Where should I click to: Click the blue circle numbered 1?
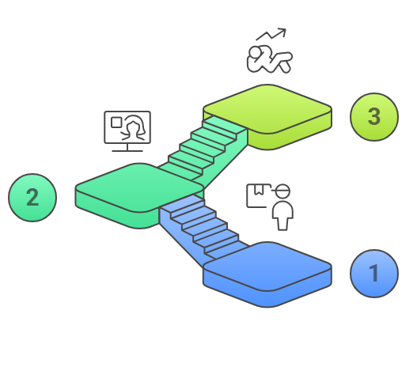(374, 274)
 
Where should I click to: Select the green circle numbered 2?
(32, 198)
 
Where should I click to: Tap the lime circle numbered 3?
(374, 117)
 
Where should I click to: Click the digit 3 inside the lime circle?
(374, 117)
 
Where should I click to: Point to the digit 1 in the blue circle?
(374, 274)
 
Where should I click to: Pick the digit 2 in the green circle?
(32, 197)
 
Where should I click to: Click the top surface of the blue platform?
(267, 266)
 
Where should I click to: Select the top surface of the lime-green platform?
(267, 109)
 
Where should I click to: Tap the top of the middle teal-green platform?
(139, 187)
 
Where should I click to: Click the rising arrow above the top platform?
(271, 35)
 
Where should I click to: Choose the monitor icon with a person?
(127, 131)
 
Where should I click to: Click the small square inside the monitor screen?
(116, 123)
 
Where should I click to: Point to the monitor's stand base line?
(127, 151)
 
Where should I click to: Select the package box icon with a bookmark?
(256, 195)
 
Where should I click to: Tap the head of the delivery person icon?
(282, 191)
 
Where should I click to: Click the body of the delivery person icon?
(282, 216)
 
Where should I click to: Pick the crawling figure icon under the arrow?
(269, 59)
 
